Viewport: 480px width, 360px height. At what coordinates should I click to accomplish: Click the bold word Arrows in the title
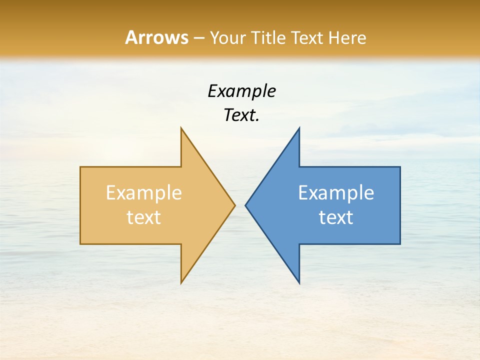(156, 37)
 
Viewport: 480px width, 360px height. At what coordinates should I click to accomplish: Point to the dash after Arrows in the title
(198, 38)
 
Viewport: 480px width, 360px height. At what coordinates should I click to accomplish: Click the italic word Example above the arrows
(241, 91)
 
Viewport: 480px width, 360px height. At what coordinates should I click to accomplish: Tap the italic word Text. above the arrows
(241, 115)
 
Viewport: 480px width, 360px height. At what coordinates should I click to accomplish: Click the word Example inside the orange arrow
(144, 193)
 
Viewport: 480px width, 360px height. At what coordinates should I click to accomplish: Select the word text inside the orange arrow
(144, 217)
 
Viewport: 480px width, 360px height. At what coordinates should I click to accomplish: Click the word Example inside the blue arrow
(336, 193)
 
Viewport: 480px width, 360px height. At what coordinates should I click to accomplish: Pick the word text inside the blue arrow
(336, 217)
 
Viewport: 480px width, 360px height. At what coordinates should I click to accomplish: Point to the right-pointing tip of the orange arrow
(234, 205)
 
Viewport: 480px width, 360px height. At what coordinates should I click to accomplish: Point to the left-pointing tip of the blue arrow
(245, 205)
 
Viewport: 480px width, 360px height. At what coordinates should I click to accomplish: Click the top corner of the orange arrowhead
(181, 128)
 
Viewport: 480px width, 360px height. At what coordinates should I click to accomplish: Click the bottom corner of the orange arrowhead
(181, 283)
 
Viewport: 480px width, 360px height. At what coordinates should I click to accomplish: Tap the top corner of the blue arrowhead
(299, 128)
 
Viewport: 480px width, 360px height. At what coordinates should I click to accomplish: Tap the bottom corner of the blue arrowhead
(299, 283)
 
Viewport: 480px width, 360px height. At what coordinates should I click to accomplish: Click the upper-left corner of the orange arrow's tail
(80, 167)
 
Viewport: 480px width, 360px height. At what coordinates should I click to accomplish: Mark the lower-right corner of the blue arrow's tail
(400, 244)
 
